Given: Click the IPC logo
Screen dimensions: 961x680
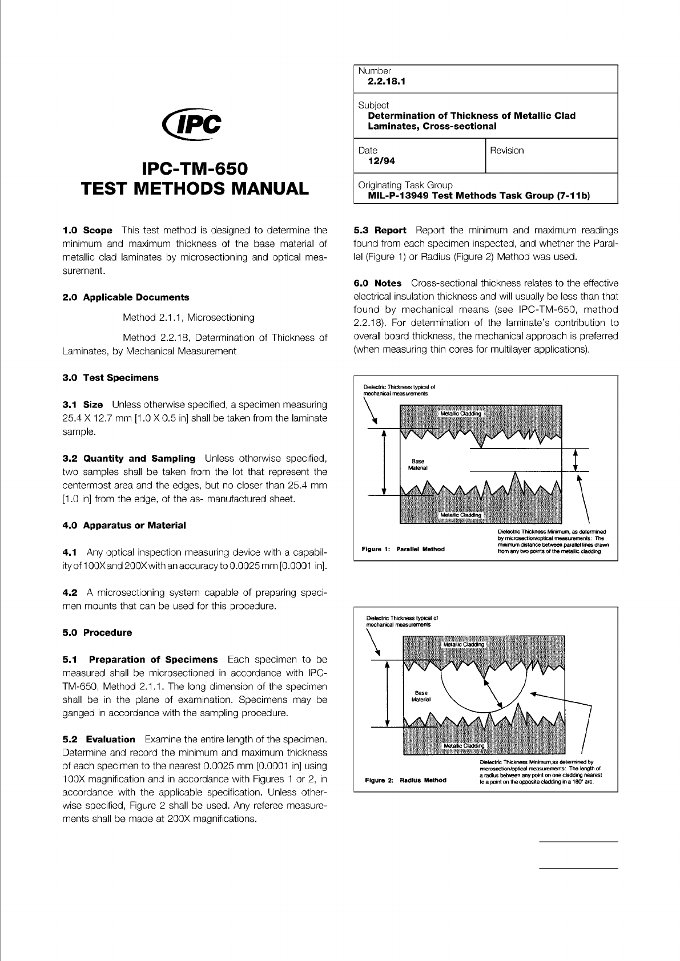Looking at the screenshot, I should [x=192, y=121].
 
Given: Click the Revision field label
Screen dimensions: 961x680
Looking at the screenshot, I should [x=506, y=151].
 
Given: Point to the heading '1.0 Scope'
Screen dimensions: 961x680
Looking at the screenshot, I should [x=87, y=231].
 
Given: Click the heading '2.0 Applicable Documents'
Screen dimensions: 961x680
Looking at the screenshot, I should [x=126, y=297].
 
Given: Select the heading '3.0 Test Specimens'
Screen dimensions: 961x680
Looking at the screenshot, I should [x=110, y=378].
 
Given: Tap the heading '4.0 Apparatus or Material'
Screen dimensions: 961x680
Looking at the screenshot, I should [x=124, y=525].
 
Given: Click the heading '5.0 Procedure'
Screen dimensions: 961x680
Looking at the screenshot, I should [x=97, y=632].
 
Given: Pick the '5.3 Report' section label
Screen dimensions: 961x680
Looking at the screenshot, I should [x=380, y=231].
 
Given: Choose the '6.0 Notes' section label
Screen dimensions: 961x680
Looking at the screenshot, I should [x=378, y=283].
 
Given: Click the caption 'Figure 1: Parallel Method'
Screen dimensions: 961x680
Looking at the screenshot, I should [x=403, y=549].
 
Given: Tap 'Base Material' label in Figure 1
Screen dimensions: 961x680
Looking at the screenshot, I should [x=418, y=465].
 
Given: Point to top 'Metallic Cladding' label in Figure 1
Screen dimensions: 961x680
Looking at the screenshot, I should [x=460, y=414].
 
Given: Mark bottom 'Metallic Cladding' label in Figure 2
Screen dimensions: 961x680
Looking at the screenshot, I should [x=464, y=745].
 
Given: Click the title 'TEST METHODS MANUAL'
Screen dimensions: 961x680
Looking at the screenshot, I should [x=194, y=188].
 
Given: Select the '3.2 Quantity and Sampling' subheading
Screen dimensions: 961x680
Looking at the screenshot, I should [x=128, y=458].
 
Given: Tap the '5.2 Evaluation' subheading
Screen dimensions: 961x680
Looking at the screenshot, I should [x=99, y=739].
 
